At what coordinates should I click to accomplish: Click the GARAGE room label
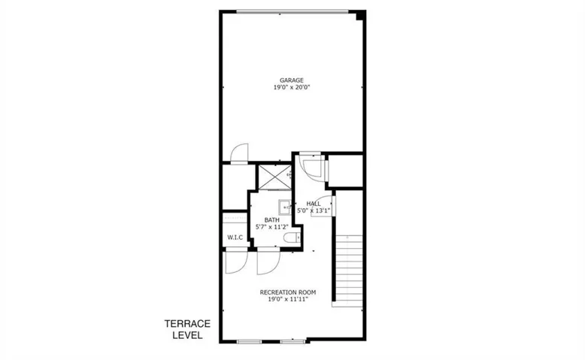click(x=292, y=80)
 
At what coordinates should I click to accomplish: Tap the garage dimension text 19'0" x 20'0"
click(x=292, y=88)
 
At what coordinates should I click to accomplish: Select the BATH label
click(x=272, y=220)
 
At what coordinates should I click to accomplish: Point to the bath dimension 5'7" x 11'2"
click(x=272, y=227)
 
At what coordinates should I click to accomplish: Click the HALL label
click(x=314, y=204)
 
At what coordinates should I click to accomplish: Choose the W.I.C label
click(x=235, y=237)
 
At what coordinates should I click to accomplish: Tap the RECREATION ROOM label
click(x=288, y=292)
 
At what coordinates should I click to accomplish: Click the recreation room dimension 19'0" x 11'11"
click(x=288, y=299)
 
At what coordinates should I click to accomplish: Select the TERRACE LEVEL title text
click(x=188, y=329)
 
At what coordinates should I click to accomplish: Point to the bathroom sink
click(x=284, y=207)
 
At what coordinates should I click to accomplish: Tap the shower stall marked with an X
click(x=275, y=177)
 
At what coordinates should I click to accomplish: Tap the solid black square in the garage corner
click(x=361, y=15)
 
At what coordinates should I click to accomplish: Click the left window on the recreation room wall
click(x=250, y=341)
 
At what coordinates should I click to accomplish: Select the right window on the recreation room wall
click(x=293, y=341)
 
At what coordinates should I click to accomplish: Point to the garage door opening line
click(x=292, y=11)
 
